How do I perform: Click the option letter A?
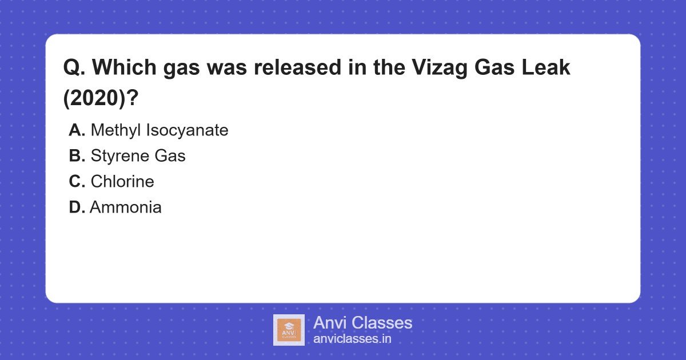click(77, 130)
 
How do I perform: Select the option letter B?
click(77, 156)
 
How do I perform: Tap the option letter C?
click(77, 182)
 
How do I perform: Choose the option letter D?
click(77, 207)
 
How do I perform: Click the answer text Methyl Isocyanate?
click(159, 130)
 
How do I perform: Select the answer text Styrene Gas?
click(138, 156)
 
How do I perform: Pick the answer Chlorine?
click(122, 182)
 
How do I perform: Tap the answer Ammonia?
click(126, 207)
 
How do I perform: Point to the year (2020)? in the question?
click(101, 98)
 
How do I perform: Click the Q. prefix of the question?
click(74, 68)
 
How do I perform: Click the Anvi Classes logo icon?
click(289, 330)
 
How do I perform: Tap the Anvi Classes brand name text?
click(362, 323)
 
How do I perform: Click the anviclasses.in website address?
click(352, 338)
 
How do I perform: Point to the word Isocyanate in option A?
click(188, 130)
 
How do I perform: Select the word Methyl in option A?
click(116, 130)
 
